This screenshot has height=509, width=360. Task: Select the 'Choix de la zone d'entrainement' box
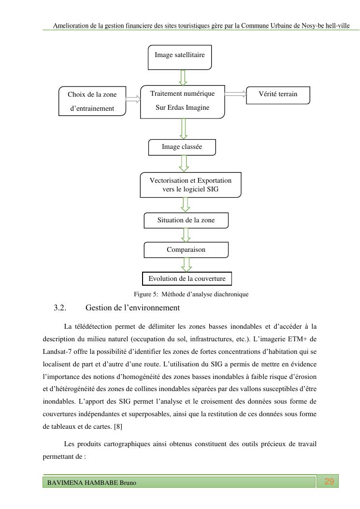[92, 102]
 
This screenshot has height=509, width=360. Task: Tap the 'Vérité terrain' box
[278, 95]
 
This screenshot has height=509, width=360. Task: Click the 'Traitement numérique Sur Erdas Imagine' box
[182, 101]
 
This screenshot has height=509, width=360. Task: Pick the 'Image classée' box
[182, 146]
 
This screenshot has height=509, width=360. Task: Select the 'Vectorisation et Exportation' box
[190, 185]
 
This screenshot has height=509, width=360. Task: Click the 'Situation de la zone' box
[186, 220]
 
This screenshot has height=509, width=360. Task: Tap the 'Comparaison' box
[186, 250]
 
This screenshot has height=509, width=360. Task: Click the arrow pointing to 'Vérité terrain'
[235, 95]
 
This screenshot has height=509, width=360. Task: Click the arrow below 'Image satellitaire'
[183, 77]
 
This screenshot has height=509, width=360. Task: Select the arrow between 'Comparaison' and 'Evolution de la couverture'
[186, 265]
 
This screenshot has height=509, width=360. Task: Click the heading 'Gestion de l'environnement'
[132, 307]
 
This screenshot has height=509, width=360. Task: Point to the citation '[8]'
[118, 427]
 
